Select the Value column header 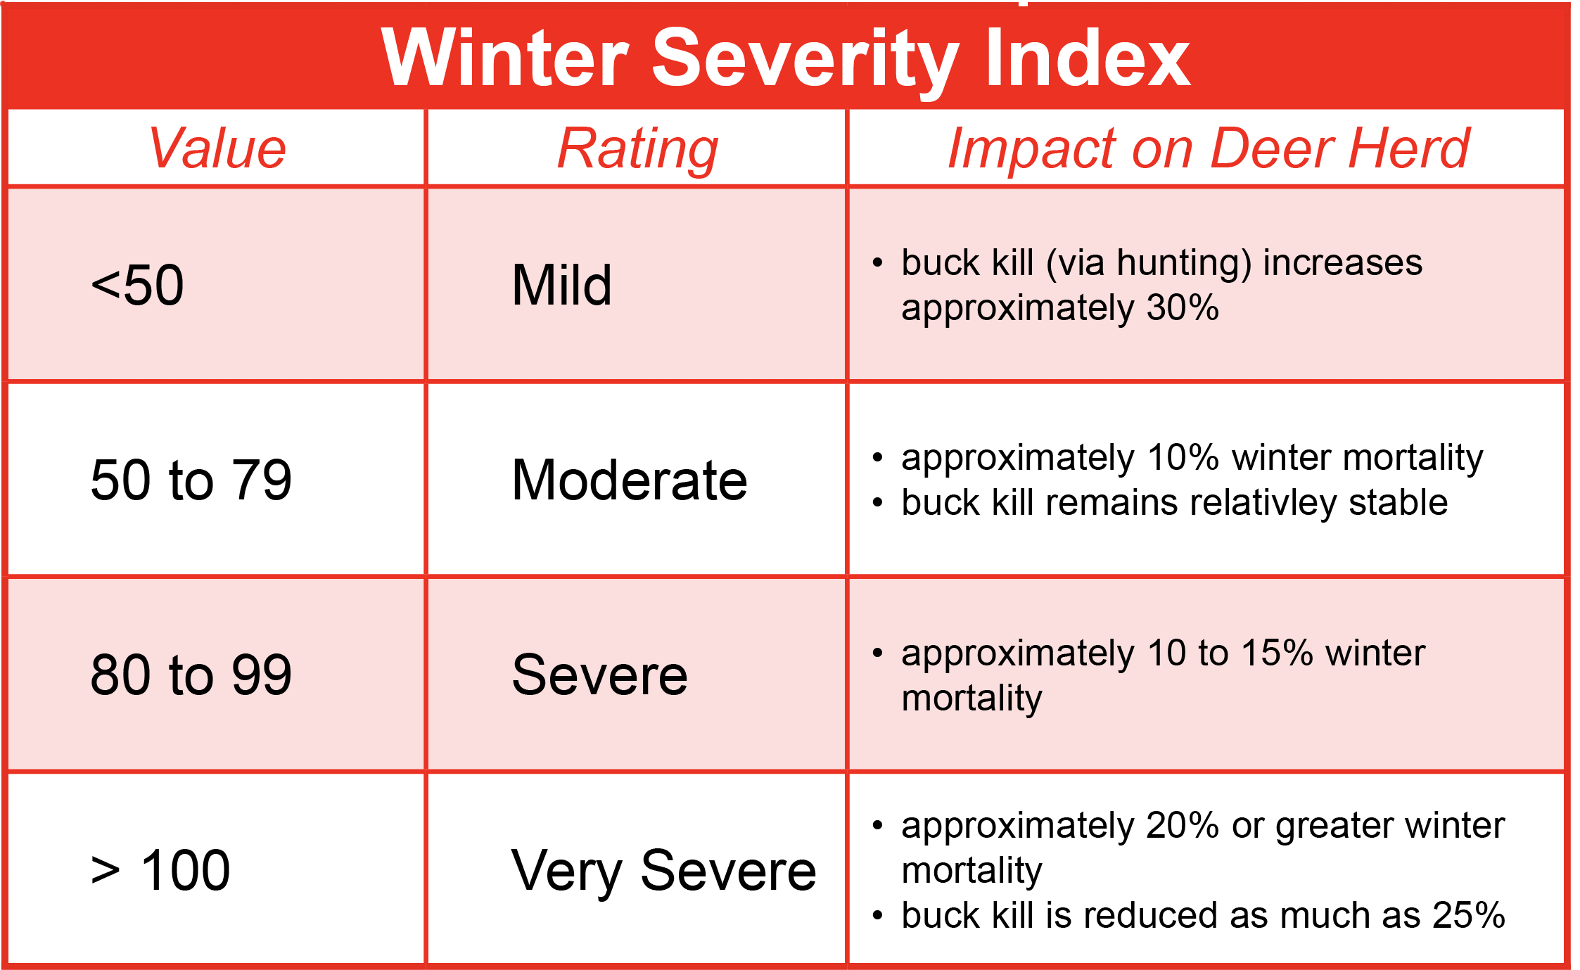click(217, 148)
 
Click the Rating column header click(637, 148)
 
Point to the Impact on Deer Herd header click(1208, 148)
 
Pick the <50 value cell click(138, 285)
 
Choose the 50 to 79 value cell click(191, 480)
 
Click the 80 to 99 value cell click(191, 675)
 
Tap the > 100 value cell click(161, 870)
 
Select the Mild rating click(562, 285)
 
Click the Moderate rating click(630, 480)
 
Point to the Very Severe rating click(663, 871)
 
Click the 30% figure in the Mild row click(1182, 308)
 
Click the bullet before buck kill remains click(877, 503)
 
